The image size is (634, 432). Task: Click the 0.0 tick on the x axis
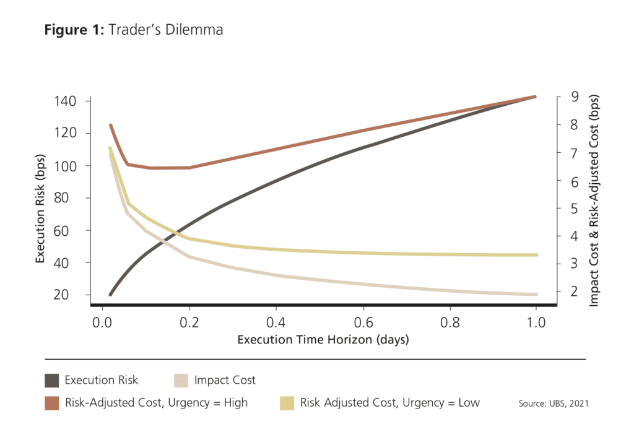pos(101,322)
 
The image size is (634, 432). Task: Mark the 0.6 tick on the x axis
pos(362,322)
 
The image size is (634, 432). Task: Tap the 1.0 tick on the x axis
pos(536,322)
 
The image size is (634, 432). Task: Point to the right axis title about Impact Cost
pos(594,200)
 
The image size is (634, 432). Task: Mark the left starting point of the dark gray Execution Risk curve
pos(110,295)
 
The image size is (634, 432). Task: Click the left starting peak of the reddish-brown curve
pos(110,125)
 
